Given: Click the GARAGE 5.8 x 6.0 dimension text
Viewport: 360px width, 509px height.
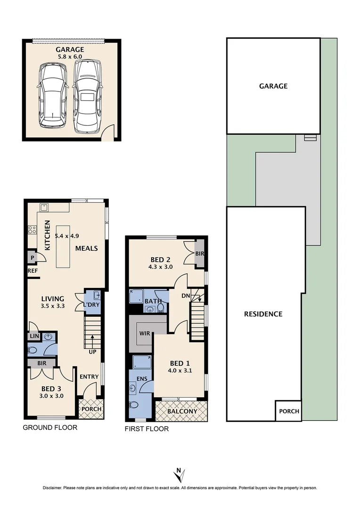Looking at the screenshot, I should coord(70,57).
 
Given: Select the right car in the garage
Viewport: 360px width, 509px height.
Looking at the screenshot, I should coord(88,96).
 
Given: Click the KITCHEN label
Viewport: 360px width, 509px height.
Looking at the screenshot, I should coord(47,235).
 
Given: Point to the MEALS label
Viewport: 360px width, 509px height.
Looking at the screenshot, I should coord(86,248).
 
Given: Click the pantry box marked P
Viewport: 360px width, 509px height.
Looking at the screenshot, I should coord(32,257).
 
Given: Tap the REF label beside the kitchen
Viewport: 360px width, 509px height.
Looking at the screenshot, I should coord(33,271).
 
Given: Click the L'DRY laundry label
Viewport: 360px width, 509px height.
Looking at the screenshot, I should coord(92,305).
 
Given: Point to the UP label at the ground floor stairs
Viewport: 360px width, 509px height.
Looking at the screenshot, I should coord(92,352).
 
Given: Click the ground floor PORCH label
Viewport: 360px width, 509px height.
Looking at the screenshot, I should coord(91,409).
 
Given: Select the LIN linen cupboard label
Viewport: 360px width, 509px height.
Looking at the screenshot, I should coord(33,337).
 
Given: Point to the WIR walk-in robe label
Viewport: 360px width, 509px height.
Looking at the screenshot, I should coord(145,333).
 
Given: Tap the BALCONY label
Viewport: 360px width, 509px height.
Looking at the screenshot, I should coord(181,411).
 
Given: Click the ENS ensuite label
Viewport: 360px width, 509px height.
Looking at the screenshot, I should coord(142,378).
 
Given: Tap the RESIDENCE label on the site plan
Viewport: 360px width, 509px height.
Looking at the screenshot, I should coord(263,314).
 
